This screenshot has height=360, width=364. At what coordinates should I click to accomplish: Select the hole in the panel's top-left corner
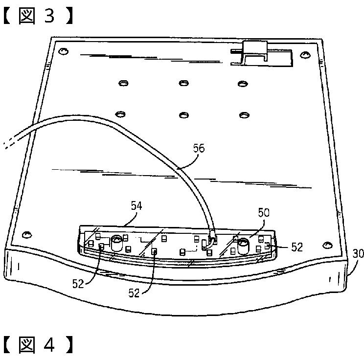63,51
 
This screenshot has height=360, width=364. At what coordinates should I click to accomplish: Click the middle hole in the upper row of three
183,83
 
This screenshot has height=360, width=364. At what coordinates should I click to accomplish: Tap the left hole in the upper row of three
123,83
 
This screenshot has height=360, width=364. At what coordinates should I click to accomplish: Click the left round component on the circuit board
116,241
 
